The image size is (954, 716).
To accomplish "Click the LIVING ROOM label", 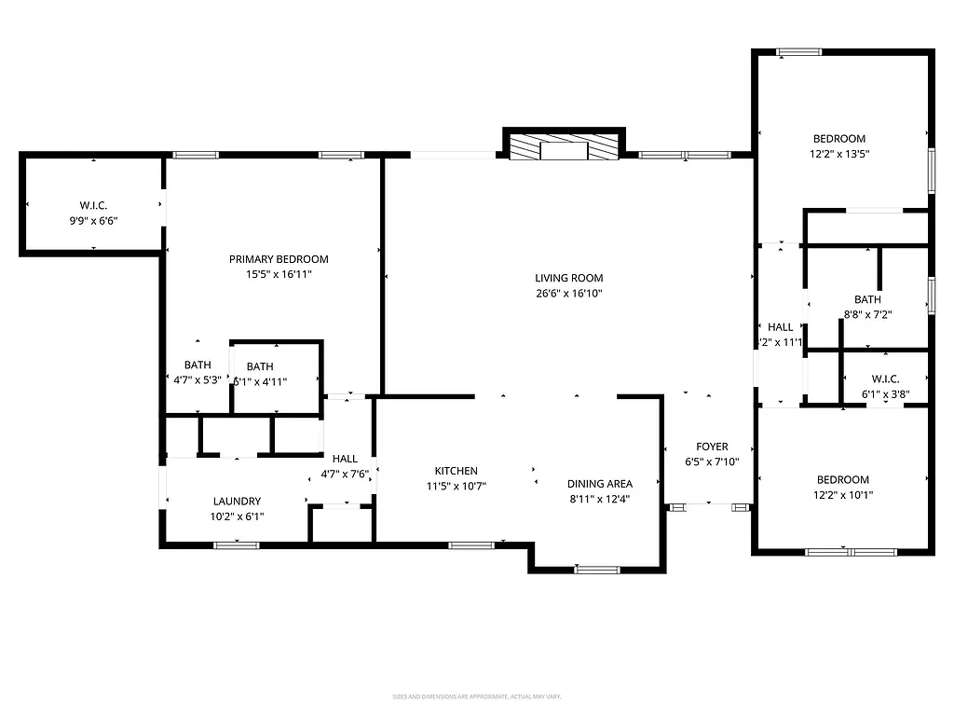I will [568, 278].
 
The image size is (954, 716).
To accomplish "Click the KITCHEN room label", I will [456, 471].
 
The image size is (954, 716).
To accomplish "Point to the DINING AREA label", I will [600, 483].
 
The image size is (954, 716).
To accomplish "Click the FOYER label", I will [712, 447].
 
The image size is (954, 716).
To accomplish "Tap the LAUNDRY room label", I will [237, 501].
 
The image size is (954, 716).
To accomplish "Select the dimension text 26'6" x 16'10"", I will [568, 293].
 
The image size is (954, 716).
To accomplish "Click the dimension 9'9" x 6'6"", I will [93, 221].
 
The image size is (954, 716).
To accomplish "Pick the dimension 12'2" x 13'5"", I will [839, 154].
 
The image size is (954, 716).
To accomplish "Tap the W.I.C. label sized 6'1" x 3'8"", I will [885, 379].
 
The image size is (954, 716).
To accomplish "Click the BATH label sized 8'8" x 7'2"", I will [867, 299].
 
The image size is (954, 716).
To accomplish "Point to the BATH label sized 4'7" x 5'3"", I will [198, 365].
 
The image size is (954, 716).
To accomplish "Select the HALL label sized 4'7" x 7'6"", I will [345, 459].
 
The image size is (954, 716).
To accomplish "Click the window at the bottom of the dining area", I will [597, 569].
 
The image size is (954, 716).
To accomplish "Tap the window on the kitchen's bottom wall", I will [464, 544].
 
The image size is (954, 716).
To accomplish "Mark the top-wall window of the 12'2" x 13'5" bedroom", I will [799, 52].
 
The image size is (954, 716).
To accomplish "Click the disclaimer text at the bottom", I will [476, 696].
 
